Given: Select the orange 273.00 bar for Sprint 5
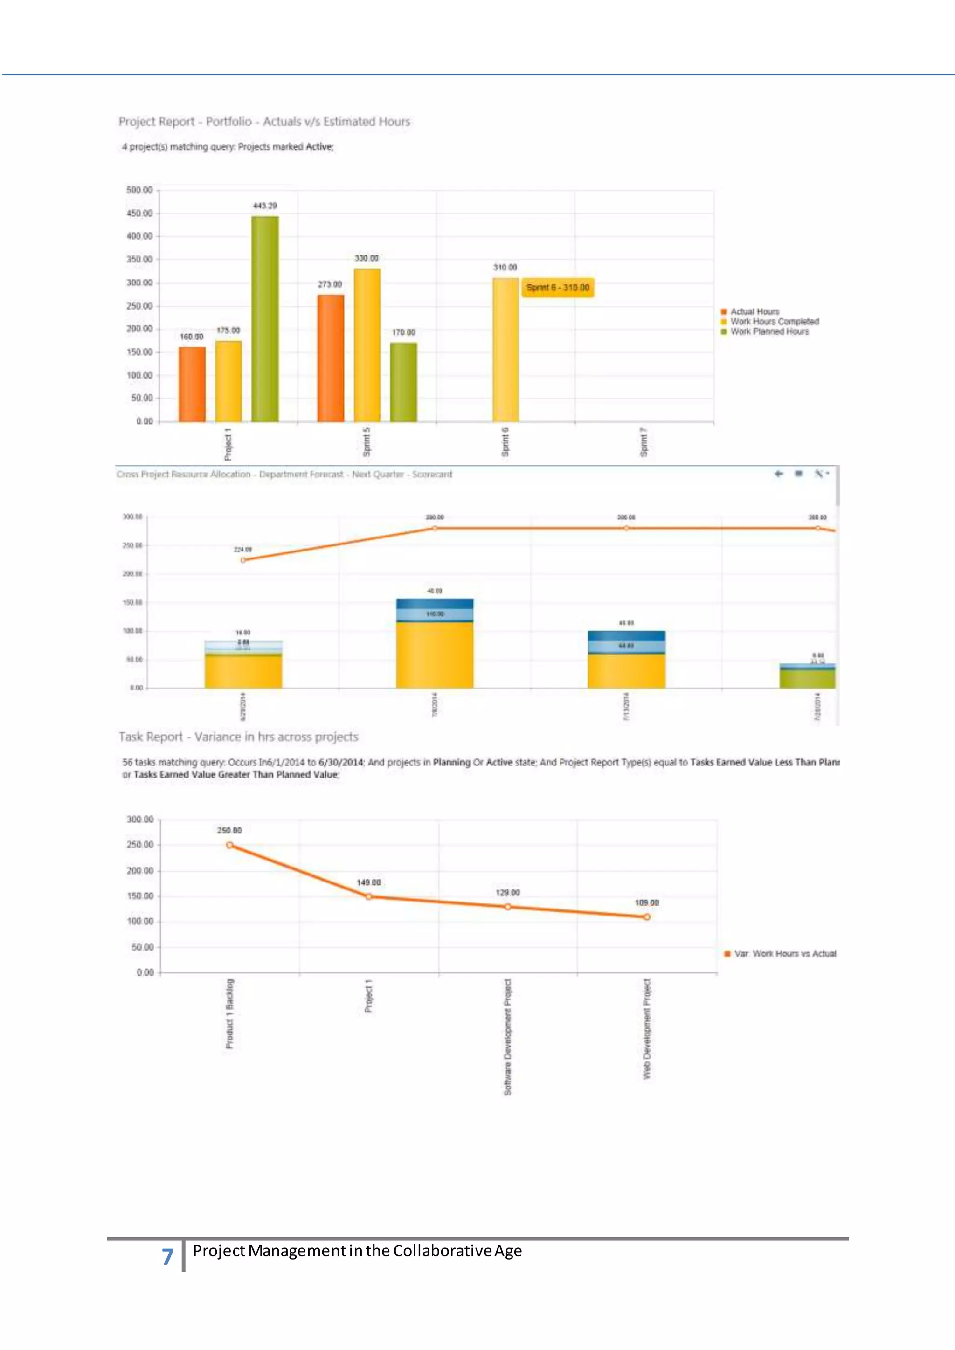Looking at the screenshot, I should (331, 358).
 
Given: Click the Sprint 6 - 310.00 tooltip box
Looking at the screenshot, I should (558, 288).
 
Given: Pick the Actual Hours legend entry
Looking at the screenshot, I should (754, 312).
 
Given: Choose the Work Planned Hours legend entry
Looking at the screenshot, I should (768, 331).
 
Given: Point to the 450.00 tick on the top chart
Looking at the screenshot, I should (139, 214).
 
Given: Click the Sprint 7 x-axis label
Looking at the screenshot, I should (644, 442).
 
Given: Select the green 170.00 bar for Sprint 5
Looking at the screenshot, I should (403, 382).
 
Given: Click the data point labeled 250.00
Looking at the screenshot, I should (229, 845).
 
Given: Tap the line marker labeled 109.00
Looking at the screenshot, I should (647, 916).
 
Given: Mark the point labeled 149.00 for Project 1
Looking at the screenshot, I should (369, 897).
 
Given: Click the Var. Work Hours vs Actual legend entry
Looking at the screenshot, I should (784, 954).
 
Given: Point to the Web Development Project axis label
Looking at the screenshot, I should (647, 1029).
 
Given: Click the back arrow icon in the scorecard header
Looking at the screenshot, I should (779, 473).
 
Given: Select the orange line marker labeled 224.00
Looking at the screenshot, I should (243, 560).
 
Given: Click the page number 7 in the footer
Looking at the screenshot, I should (167, 1256).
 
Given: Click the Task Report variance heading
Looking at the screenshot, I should (238, 737).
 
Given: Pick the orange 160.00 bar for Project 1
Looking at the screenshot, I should (192, 384).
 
